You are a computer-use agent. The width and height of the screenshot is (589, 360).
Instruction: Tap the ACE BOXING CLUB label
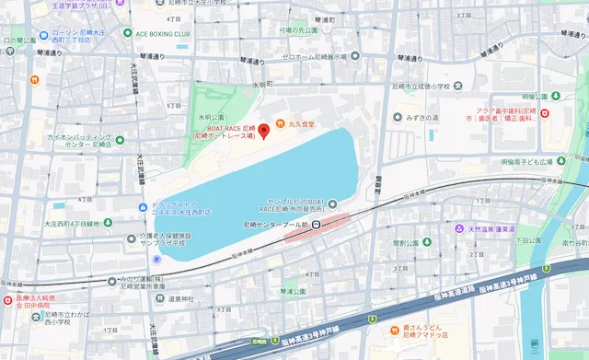pos(164,34)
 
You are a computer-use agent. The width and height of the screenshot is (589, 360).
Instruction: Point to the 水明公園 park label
pos(210,118)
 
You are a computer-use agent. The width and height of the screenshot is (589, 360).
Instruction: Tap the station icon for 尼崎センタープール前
pos(315,224)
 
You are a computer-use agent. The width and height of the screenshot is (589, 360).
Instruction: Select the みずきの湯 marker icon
pos(398,117)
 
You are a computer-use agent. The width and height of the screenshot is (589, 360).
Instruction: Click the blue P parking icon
pos(156,259)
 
